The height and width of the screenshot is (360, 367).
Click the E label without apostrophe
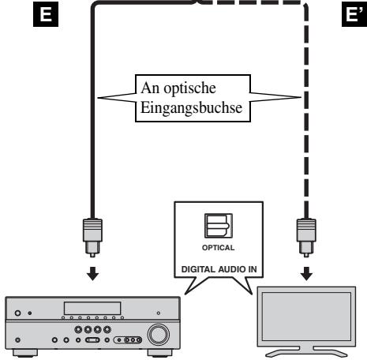tap(46, 14)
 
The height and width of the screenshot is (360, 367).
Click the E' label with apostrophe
tap(354, 14)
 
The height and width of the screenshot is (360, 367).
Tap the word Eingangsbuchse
tap(191, 108)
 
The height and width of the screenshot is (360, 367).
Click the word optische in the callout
tap(189, 88)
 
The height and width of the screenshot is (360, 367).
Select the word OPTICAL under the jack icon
tap(218, 248)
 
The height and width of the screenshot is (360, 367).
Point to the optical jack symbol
tap(219, 226)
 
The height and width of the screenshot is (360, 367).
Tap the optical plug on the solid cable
tap(92, 238)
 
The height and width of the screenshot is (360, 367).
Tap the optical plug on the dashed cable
tap(306, 238)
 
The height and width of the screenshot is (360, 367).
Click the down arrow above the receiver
tap(92, 274)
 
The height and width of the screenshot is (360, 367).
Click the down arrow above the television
tap(306, 274)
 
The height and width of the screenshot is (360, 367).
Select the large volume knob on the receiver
tap(159, 334)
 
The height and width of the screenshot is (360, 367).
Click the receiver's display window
tap(92, 308)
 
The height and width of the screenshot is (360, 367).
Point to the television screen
tap(306, 317)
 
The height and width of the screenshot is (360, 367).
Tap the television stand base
tap(306, 352)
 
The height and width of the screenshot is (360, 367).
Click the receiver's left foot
tap(25, 353)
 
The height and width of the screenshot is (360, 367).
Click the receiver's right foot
tap(160, 353)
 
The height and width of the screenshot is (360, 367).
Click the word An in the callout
tap(151, 88)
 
